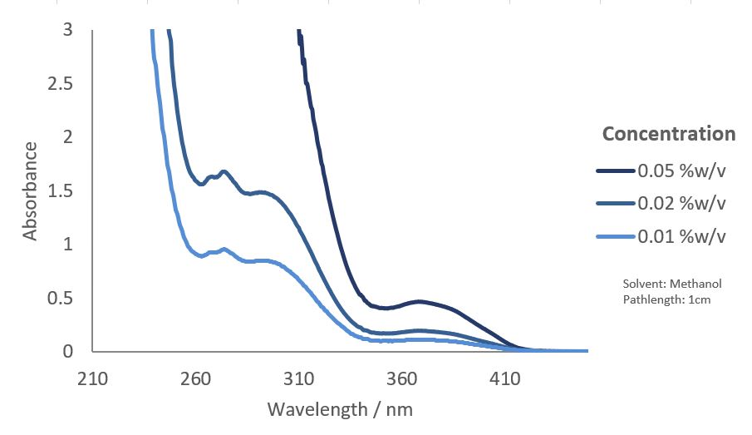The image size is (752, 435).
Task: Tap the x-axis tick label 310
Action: (x=298, y=379)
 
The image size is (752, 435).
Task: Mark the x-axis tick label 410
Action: (x=504, y=379)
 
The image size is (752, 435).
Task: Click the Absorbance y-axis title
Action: (x=31, y=190)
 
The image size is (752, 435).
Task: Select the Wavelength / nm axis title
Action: (x=340, y=409)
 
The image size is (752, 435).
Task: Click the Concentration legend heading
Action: (x=669, y=134)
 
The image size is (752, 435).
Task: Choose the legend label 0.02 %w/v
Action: (x=682, y=204)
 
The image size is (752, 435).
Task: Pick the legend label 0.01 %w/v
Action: (x=682, y=236)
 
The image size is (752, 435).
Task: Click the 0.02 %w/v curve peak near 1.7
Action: (x=224, y=172)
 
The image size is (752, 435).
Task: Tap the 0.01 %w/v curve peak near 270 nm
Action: (x=224, y=249)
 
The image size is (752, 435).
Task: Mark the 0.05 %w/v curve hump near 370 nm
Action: (x=420, y=301)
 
